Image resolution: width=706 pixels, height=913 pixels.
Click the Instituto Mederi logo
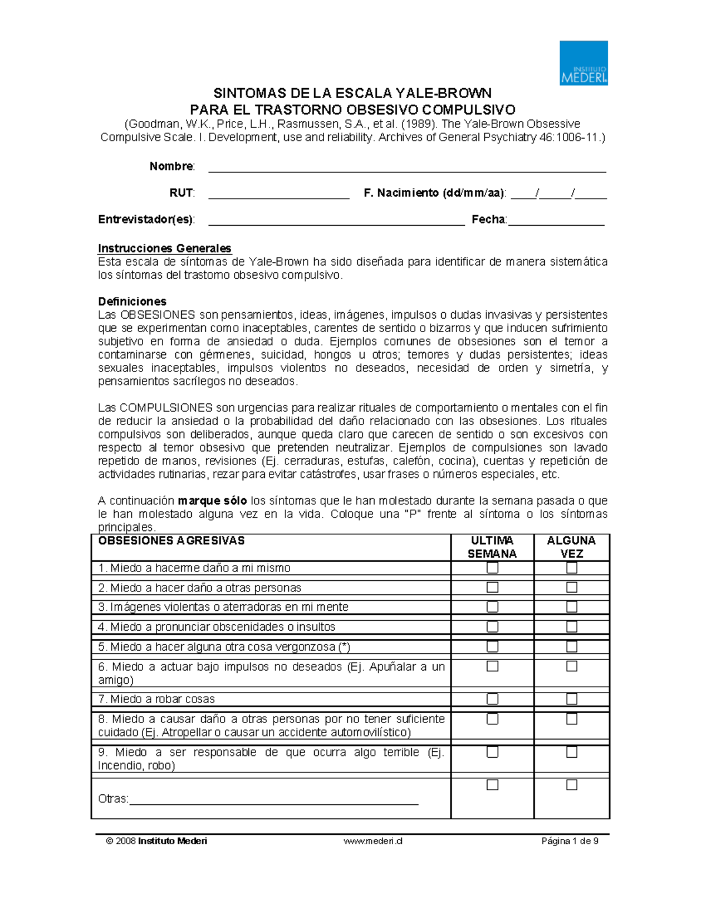(583, 63)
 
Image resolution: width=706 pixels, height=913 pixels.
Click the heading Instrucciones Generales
(165, 248)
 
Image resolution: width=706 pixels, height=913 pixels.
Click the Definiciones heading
(132, 302)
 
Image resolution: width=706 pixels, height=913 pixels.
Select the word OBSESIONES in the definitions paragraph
(158, 315)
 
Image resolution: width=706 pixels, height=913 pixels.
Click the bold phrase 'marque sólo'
(212, 501)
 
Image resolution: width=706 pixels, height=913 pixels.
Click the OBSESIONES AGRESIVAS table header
(171, 541)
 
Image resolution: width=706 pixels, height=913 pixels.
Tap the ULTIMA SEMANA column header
(492, 547)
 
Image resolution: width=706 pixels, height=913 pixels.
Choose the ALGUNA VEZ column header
(571, 547)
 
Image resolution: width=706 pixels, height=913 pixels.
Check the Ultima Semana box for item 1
(492, 568)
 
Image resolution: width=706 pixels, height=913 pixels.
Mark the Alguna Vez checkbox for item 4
(571, 627)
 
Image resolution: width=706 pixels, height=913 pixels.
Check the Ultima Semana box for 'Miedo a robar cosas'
(492, 699)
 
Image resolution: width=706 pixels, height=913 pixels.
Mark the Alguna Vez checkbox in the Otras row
(571, 785)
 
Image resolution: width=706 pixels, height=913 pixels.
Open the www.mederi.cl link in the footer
(373, 841)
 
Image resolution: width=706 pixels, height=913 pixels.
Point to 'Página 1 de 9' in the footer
(570, 841)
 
